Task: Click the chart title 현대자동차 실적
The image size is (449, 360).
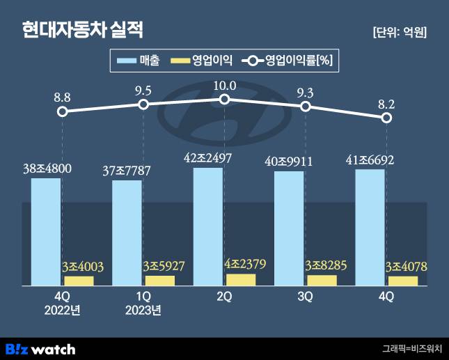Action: pos(82,30)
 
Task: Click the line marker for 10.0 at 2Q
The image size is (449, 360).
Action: pos(224,100)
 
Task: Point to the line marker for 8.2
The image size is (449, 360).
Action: pos(386,118)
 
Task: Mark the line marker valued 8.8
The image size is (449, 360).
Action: pos(63,111)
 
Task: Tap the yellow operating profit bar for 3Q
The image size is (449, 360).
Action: pos(322,281)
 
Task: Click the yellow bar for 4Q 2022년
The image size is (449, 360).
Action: pos(79,281)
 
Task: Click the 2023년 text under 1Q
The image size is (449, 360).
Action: pos(144,310)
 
